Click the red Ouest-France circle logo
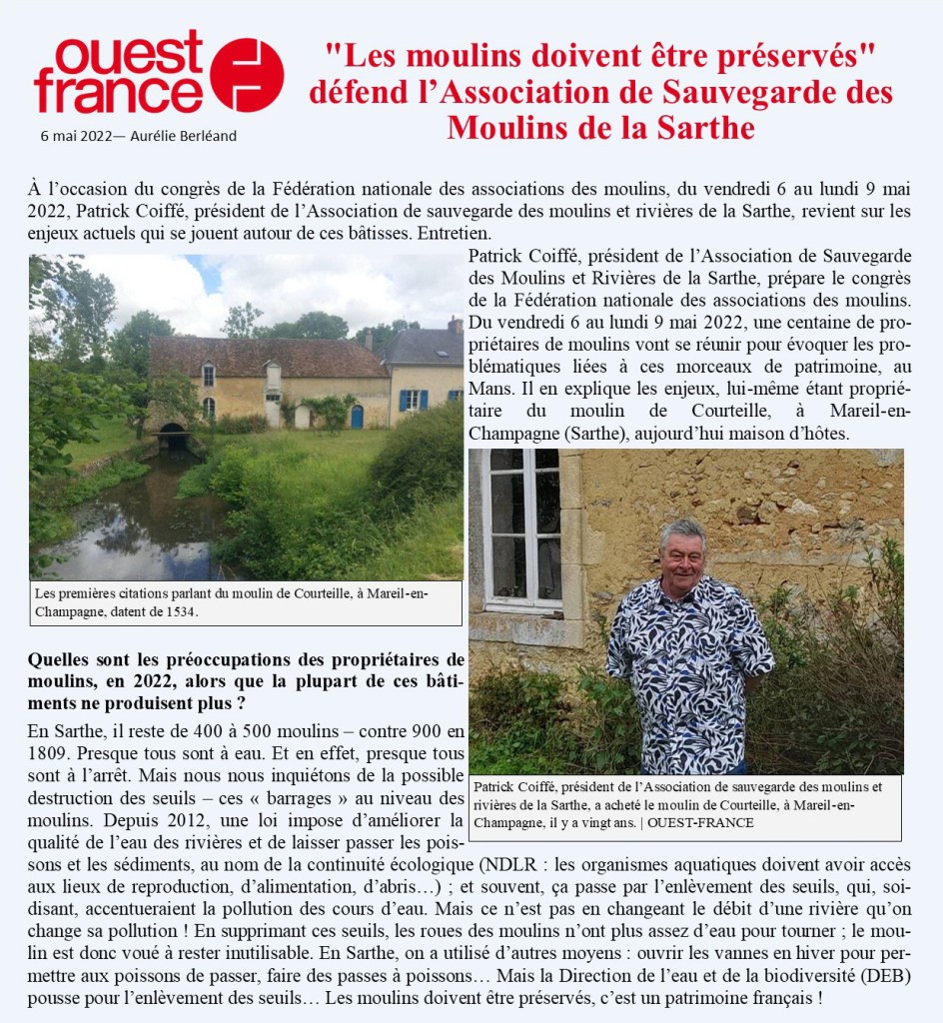point(247,75)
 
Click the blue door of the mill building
point(357,416)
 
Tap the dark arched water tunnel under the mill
point(172,436)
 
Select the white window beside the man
point(521,529)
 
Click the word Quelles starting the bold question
point(59,660)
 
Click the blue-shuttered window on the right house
point(412,400)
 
